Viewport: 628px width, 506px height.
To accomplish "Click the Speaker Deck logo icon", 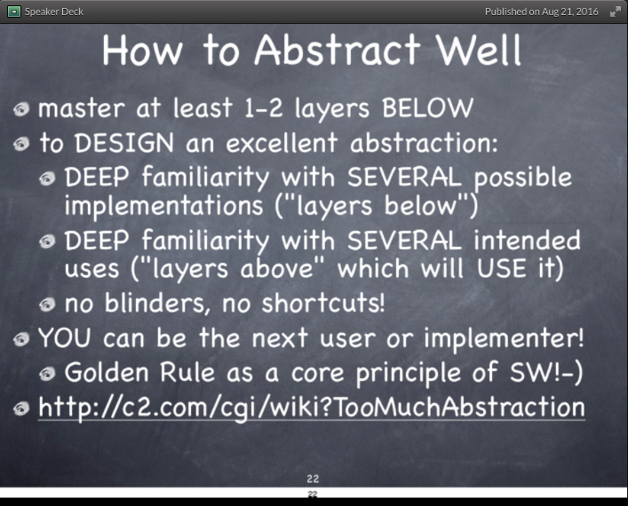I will [x=13, y=12].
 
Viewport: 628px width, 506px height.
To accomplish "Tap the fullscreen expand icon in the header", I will [x=615, y=12].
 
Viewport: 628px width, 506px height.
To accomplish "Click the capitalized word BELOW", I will [x=427, y=108].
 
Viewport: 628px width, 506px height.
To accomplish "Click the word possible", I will [x=522, y=177].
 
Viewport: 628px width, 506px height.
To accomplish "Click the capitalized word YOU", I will [x=66, y=338].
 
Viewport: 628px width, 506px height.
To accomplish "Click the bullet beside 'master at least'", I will [x=21, y=109].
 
